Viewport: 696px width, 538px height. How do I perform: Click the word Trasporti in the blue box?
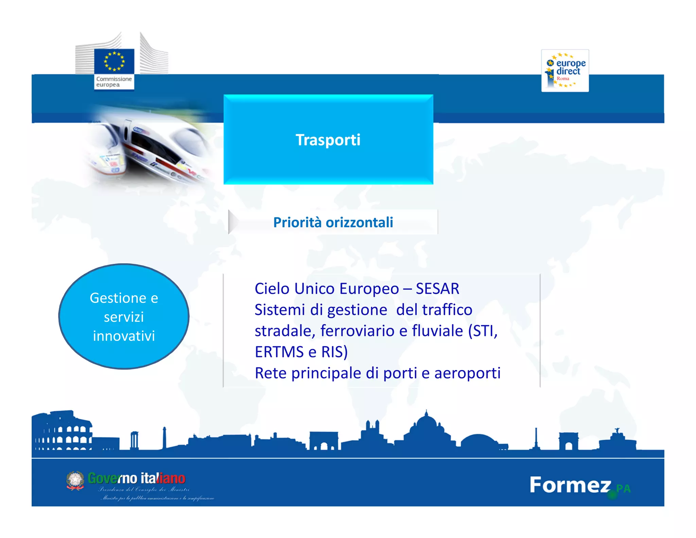pyautogui.click(x=328, y=140)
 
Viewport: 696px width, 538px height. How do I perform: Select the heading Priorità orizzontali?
pyautogui.click(x=333, y=222)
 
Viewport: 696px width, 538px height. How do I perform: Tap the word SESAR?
pyautogui.click(x=437, y=289)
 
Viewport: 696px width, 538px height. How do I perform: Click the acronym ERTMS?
pyautogui.click(x=279, y=352)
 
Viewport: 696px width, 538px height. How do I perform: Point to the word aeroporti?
pyautogui.click(x=467, y=373)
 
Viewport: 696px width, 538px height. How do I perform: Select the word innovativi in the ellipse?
pyautogui.click(x=124, y=336)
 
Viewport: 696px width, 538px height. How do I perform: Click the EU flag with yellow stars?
pyautogui.click(x=114, y=61)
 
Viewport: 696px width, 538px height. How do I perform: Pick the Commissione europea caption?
pyautogui.click(x=114, y=82)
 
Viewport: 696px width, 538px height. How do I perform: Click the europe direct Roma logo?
pyautogui.click(x=565, y=71)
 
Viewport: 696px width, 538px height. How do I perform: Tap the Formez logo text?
pyautogui.click(x=570, y=485)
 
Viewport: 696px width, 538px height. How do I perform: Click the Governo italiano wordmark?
pyautogui.click(x=137, y=478)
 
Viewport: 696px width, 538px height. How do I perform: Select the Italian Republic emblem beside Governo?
pyautogui.click(x=75, y=480)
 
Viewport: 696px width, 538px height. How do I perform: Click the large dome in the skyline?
pyautogui.click(x=426, y=425)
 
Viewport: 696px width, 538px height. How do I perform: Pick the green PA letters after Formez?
pyautogui.click(x=623, y=489)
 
